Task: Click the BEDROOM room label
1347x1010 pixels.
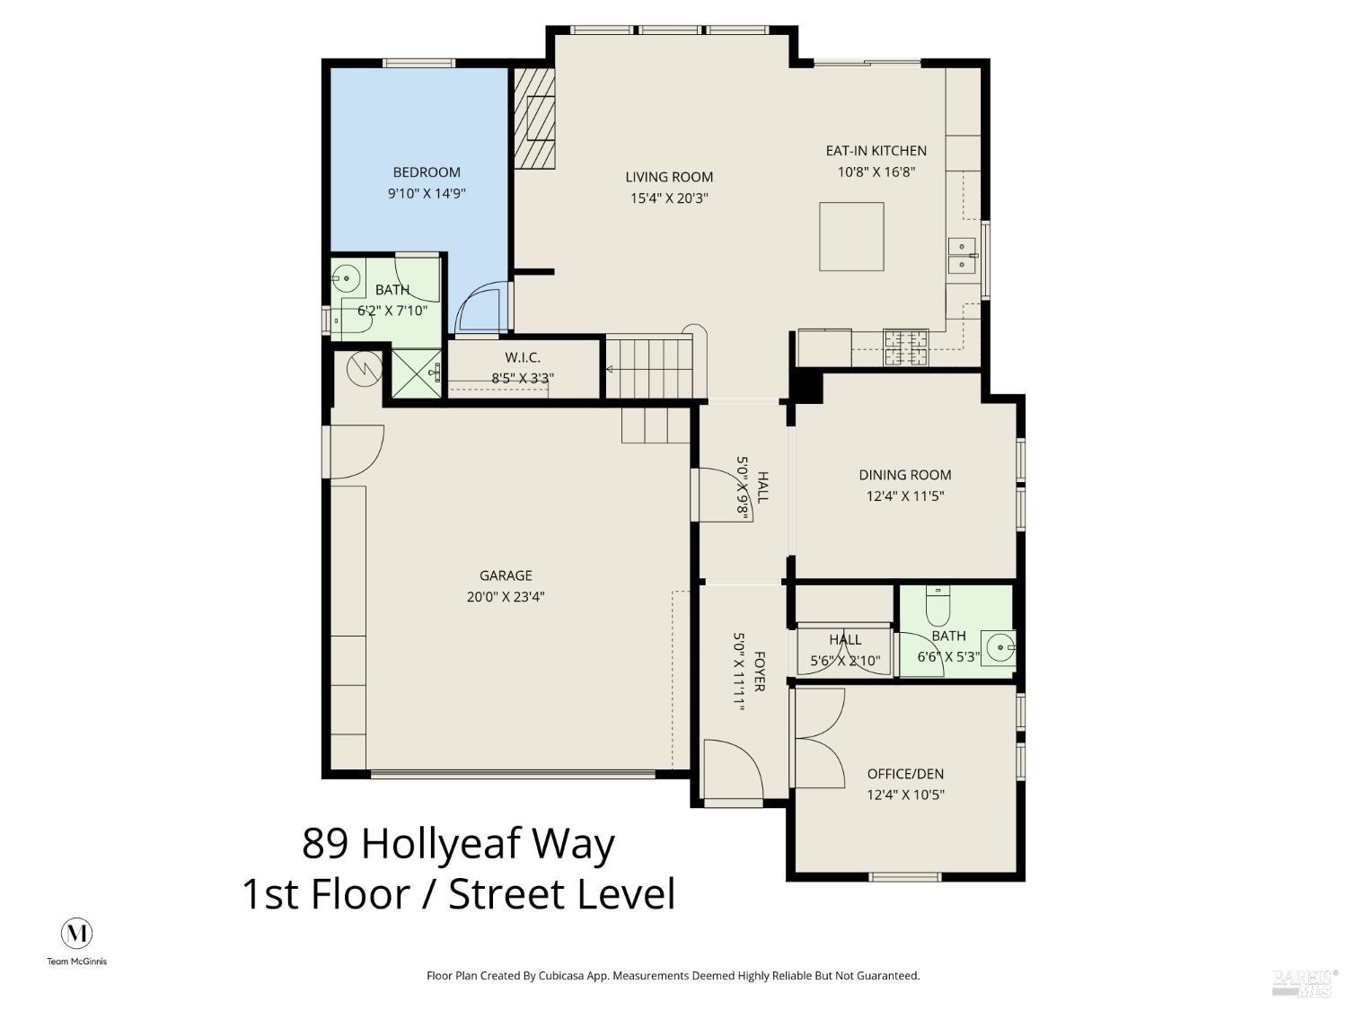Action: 427,172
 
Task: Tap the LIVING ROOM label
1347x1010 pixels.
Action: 669,177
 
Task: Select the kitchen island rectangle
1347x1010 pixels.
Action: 851,236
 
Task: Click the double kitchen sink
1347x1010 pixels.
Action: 963,255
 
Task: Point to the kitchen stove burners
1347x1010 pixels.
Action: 906,347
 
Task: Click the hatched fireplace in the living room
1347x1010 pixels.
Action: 534,118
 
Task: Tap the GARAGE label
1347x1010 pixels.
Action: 506,575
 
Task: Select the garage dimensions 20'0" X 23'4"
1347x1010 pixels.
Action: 506,597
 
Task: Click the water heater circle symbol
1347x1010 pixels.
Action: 365,369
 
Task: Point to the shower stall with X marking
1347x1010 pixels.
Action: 417,373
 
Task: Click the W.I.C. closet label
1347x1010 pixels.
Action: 523,357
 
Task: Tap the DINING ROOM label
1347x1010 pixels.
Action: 905,475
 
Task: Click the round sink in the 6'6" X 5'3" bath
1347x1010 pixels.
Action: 999,647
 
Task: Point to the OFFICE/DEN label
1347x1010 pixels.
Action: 905,774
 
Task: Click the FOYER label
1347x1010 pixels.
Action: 759,672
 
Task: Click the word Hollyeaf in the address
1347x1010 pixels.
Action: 442,844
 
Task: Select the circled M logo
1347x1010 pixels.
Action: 76,934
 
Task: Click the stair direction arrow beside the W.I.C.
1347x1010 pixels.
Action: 610,369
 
